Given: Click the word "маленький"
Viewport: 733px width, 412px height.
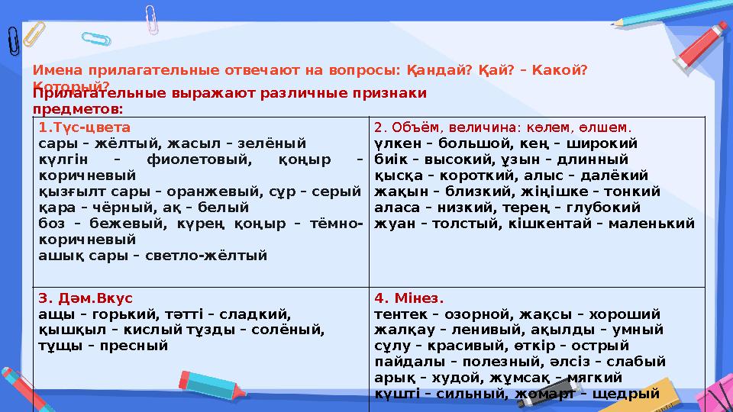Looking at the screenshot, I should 657,223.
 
